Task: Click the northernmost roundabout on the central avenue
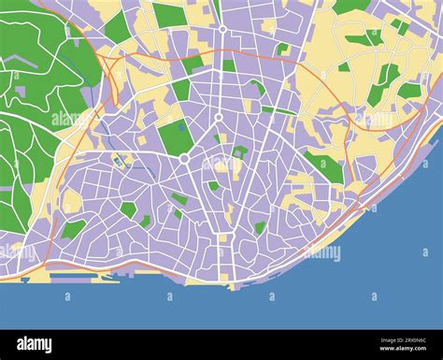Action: [x=222, y=30]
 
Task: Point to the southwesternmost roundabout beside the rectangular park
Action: [x=184, y=160]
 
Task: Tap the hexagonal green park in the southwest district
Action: [x=128, y=209]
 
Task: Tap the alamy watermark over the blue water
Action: [x=322, y=252]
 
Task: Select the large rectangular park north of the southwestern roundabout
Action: [x=176, y=137]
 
